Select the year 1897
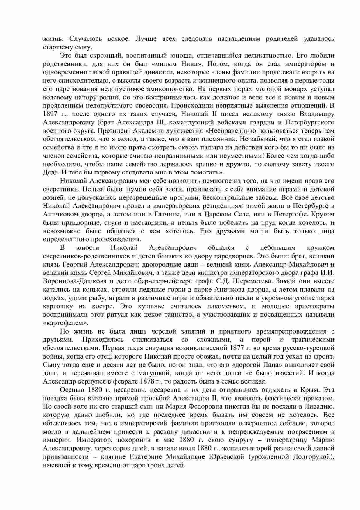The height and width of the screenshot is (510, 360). (51, 114)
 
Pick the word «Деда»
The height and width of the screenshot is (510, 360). (51, 172)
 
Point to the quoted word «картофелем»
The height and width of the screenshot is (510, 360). (65, 323)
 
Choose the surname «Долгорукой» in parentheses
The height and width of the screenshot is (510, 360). (315, 457)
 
